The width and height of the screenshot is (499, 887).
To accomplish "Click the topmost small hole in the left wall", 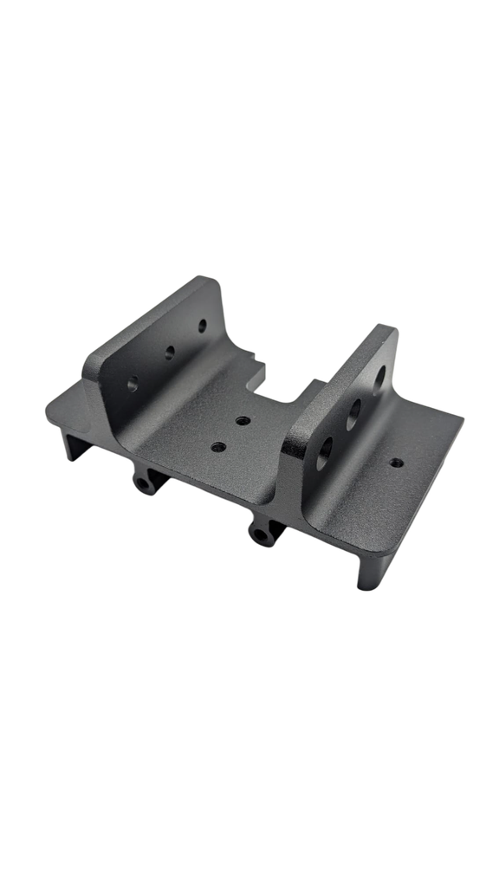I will (x=203, y=326).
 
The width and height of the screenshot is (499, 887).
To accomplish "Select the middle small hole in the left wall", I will (x=170, y=352).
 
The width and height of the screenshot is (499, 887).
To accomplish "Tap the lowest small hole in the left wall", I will (x=133, y=384).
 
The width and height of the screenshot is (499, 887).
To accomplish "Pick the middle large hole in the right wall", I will (x=353, y=414).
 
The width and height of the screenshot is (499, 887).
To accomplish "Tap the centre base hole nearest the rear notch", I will (x=243, y=420).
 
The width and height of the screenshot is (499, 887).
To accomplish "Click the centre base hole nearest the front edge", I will (x=217, y=448).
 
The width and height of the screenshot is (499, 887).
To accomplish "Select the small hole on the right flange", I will (x=396, y=463).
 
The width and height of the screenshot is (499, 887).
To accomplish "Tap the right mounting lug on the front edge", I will (x=262, y=534).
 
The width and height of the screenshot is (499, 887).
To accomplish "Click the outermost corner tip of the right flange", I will (x=463, y=420).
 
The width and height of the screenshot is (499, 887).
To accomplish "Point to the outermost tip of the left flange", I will (x=47, y=411).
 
